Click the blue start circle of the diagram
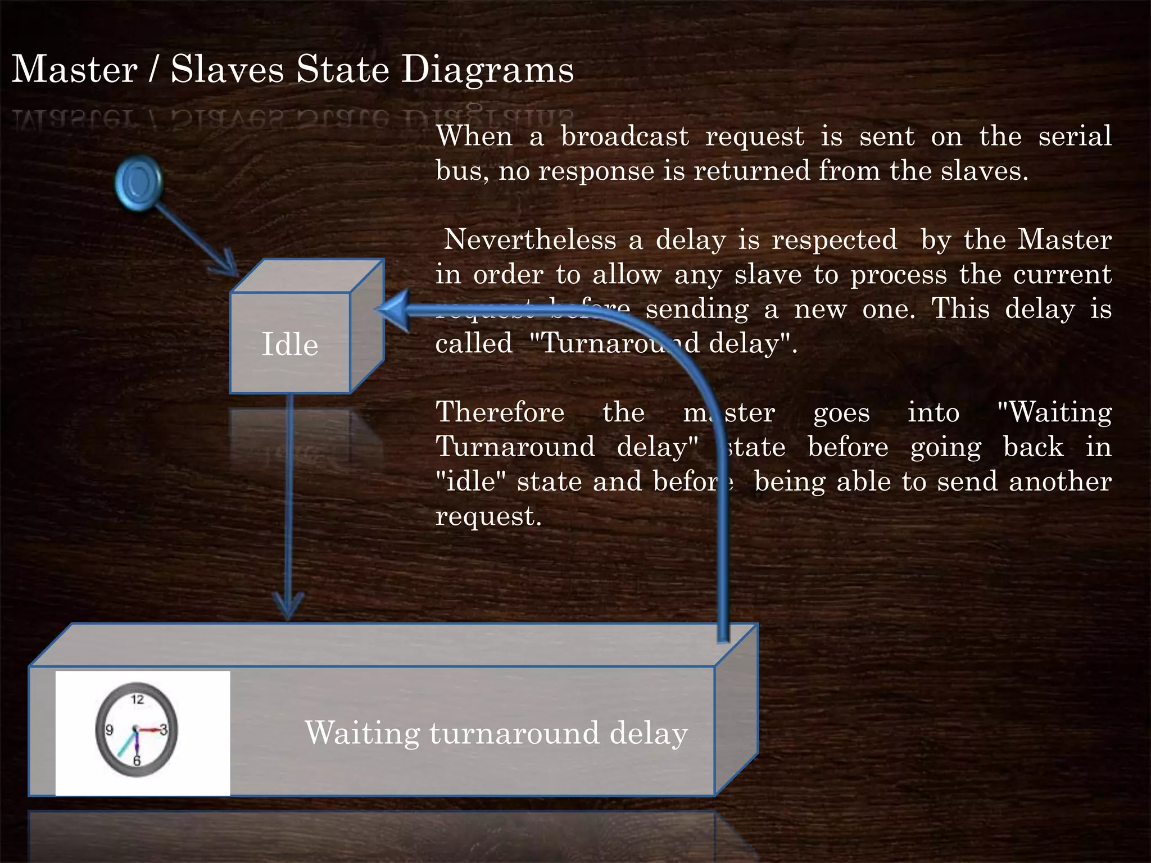pyautogui.click(x=138, y=181)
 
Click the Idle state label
pyautogui.click(x=290, y=344)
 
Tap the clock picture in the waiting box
pyautogui.click(x=137, y=730)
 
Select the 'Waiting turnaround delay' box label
pyautogui.click(x=496, y=733)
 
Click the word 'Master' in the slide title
pyautogui.click(x=75, y=70)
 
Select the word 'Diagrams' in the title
pyautogui.click(x=488, y=70)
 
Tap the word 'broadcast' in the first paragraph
pyautogui.click(x=624, y=137)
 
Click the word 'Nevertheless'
pyautogui.click(x=530, y=240)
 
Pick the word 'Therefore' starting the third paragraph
pyautogui.click(x=500, y=412)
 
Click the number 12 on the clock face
pyautogui.click(x=137, y=700)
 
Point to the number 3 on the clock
pyautogui.click(x=164, y=730)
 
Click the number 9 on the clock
pyautogui.click(x=110, y=730)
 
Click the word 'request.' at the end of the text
pyautogui.click(x=488, y=516)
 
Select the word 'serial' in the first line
pyautogui.click(x=1075, y=137)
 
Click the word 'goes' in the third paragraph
pyautogui.click(x=841, y=414)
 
